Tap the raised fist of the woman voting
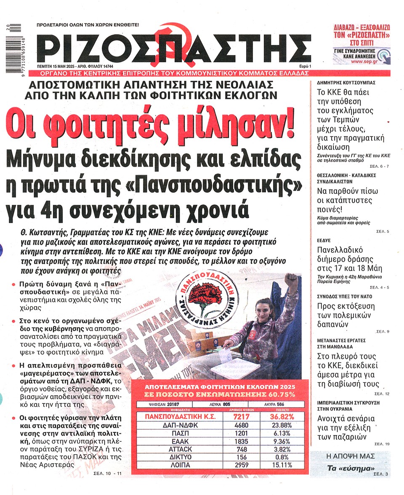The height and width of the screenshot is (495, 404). click(290, 279)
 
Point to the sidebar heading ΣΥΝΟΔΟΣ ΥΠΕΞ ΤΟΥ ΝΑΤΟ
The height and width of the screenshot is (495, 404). click(344, 296)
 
